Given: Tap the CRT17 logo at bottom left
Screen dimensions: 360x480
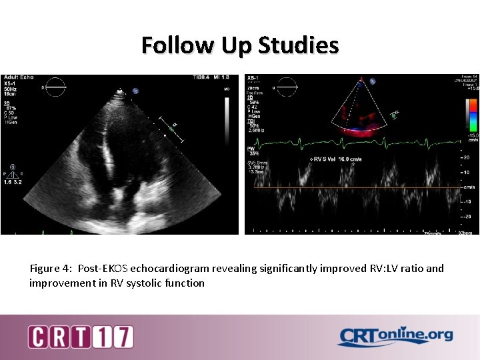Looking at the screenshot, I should [x=81, y=337].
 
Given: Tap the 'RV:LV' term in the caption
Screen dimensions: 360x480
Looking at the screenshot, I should [x=372, y=269].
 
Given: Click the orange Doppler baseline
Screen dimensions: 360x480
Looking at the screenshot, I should [x=353, y=189].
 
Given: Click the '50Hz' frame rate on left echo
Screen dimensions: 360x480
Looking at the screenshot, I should [x=11, y=89].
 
